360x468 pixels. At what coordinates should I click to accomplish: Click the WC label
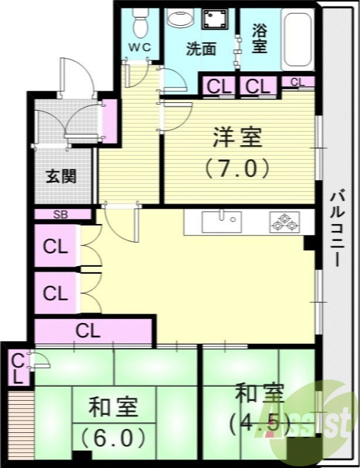point(140,47)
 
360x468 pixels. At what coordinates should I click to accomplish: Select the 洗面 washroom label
point(201,49)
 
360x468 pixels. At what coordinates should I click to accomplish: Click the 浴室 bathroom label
point(260,39)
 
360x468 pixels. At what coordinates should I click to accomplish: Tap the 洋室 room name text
point(237,140)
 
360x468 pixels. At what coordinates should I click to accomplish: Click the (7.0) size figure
point(237,168)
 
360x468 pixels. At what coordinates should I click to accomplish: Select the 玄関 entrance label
point(61,175)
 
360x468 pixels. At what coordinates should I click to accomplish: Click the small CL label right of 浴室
point(297,82)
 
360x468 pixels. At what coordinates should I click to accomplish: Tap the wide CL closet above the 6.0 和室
point(88,331)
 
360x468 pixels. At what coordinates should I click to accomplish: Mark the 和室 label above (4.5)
point(259,393)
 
